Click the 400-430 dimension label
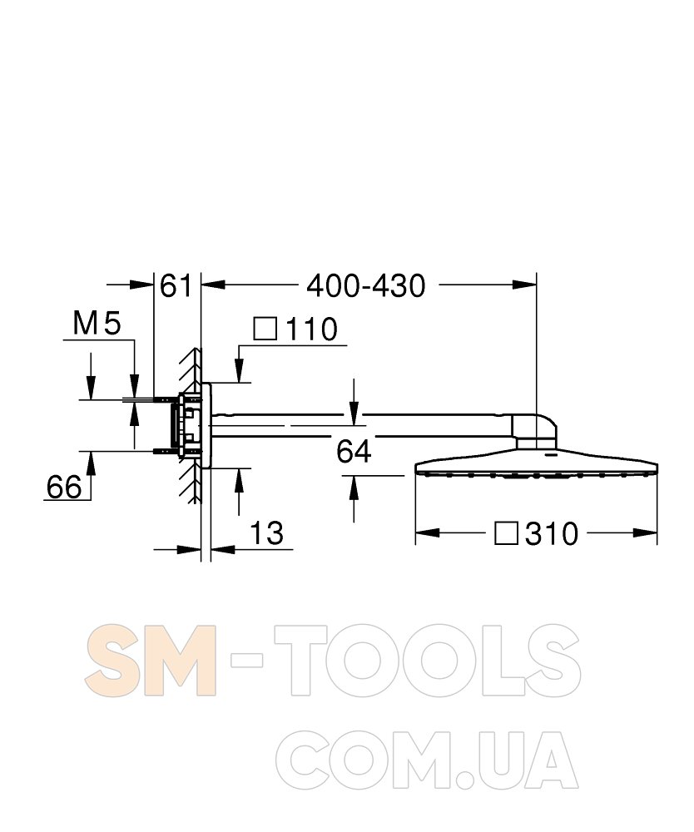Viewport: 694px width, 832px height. [366, 286]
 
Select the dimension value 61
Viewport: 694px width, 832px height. [176, 286]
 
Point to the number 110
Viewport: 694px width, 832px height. [311, 329]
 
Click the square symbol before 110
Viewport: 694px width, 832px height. [265, 329]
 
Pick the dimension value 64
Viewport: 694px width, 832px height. [354, 452]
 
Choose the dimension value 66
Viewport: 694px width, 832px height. [64, 487]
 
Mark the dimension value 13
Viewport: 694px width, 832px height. [266, 532]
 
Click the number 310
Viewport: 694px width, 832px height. [551, 534]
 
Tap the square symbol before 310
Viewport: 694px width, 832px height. [506, 532]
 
